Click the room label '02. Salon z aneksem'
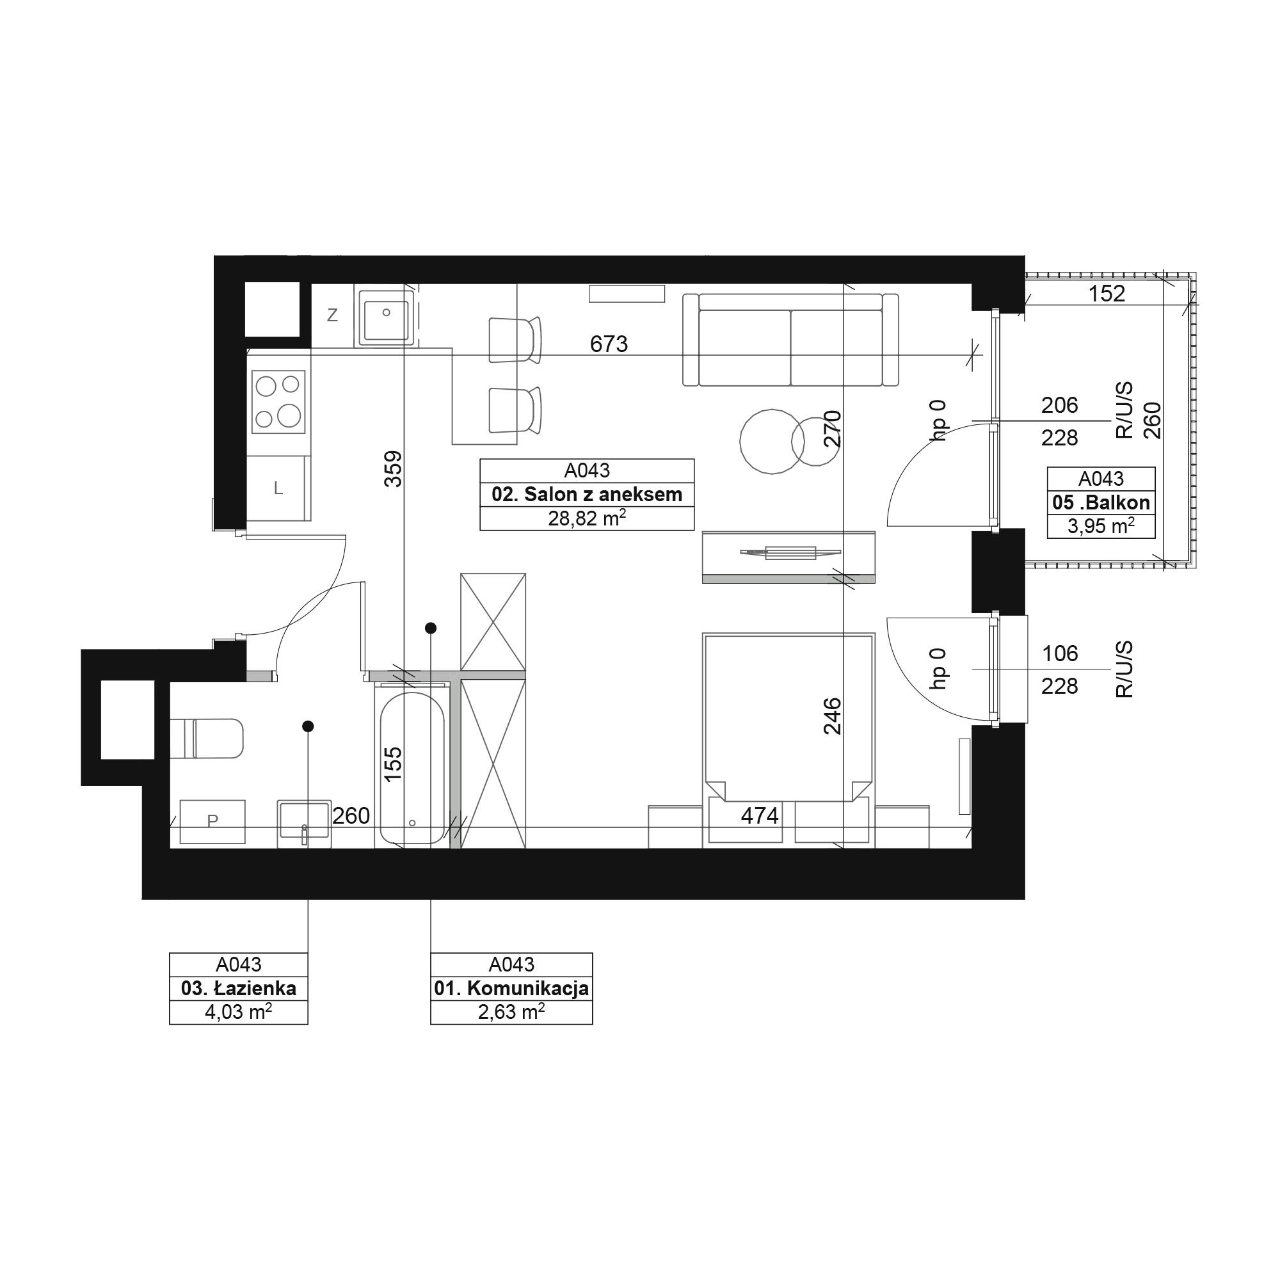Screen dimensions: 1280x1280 (x=586, y=494)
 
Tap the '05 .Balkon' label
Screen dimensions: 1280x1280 (x=1101, y=502)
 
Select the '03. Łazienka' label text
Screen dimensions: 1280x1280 (x=239, y=989)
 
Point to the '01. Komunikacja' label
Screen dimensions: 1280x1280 (x=511, y=989)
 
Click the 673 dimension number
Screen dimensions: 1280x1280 (x=609, y=344)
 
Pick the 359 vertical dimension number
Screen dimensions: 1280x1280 (x=394, y=469)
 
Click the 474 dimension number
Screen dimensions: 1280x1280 (x=759, y=815)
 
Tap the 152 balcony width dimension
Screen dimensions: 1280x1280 (x=1107, y=294)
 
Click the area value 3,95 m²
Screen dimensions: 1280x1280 (x=1101, y=527)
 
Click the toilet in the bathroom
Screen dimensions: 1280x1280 (x=207, y=738)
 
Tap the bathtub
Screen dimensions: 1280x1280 (x=412, y=769)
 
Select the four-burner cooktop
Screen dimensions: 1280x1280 (x=278, y=401)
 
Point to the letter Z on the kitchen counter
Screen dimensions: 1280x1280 (x=333, y=316)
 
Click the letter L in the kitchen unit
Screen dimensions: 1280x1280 (x=279, y=489)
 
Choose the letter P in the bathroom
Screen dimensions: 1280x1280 (x=212, y=821)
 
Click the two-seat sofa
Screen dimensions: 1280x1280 (x=790, y=340)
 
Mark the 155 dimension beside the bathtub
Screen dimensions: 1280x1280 (x=394, y=764)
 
